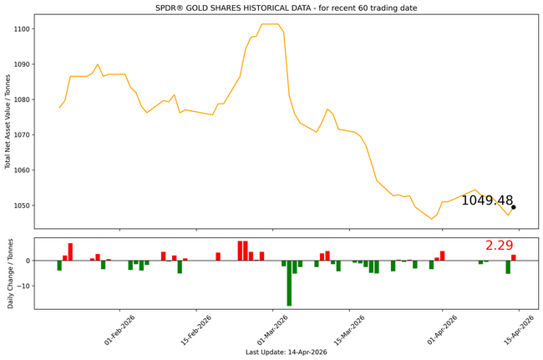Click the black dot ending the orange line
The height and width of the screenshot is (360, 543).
tap(514, 207)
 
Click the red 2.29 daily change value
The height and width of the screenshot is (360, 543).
tap(499, 246)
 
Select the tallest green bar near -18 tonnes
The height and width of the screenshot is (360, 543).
tap(289, 283)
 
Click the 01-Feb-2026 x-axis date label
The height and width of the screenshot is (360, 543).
tap(120, 327)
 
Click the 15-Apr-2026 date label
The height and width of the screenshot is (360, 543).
tap(520, 327)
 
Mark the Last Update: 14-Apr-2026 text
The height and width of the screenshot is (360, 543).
tap(286, 352)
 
